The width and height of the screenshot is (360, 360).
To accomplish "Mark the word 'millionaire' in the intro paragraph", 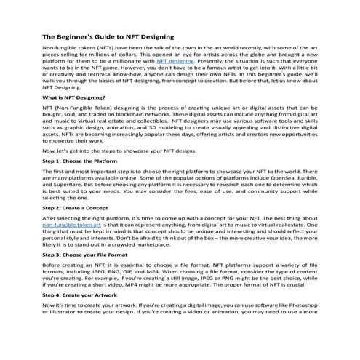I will [x=135, y=63].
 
